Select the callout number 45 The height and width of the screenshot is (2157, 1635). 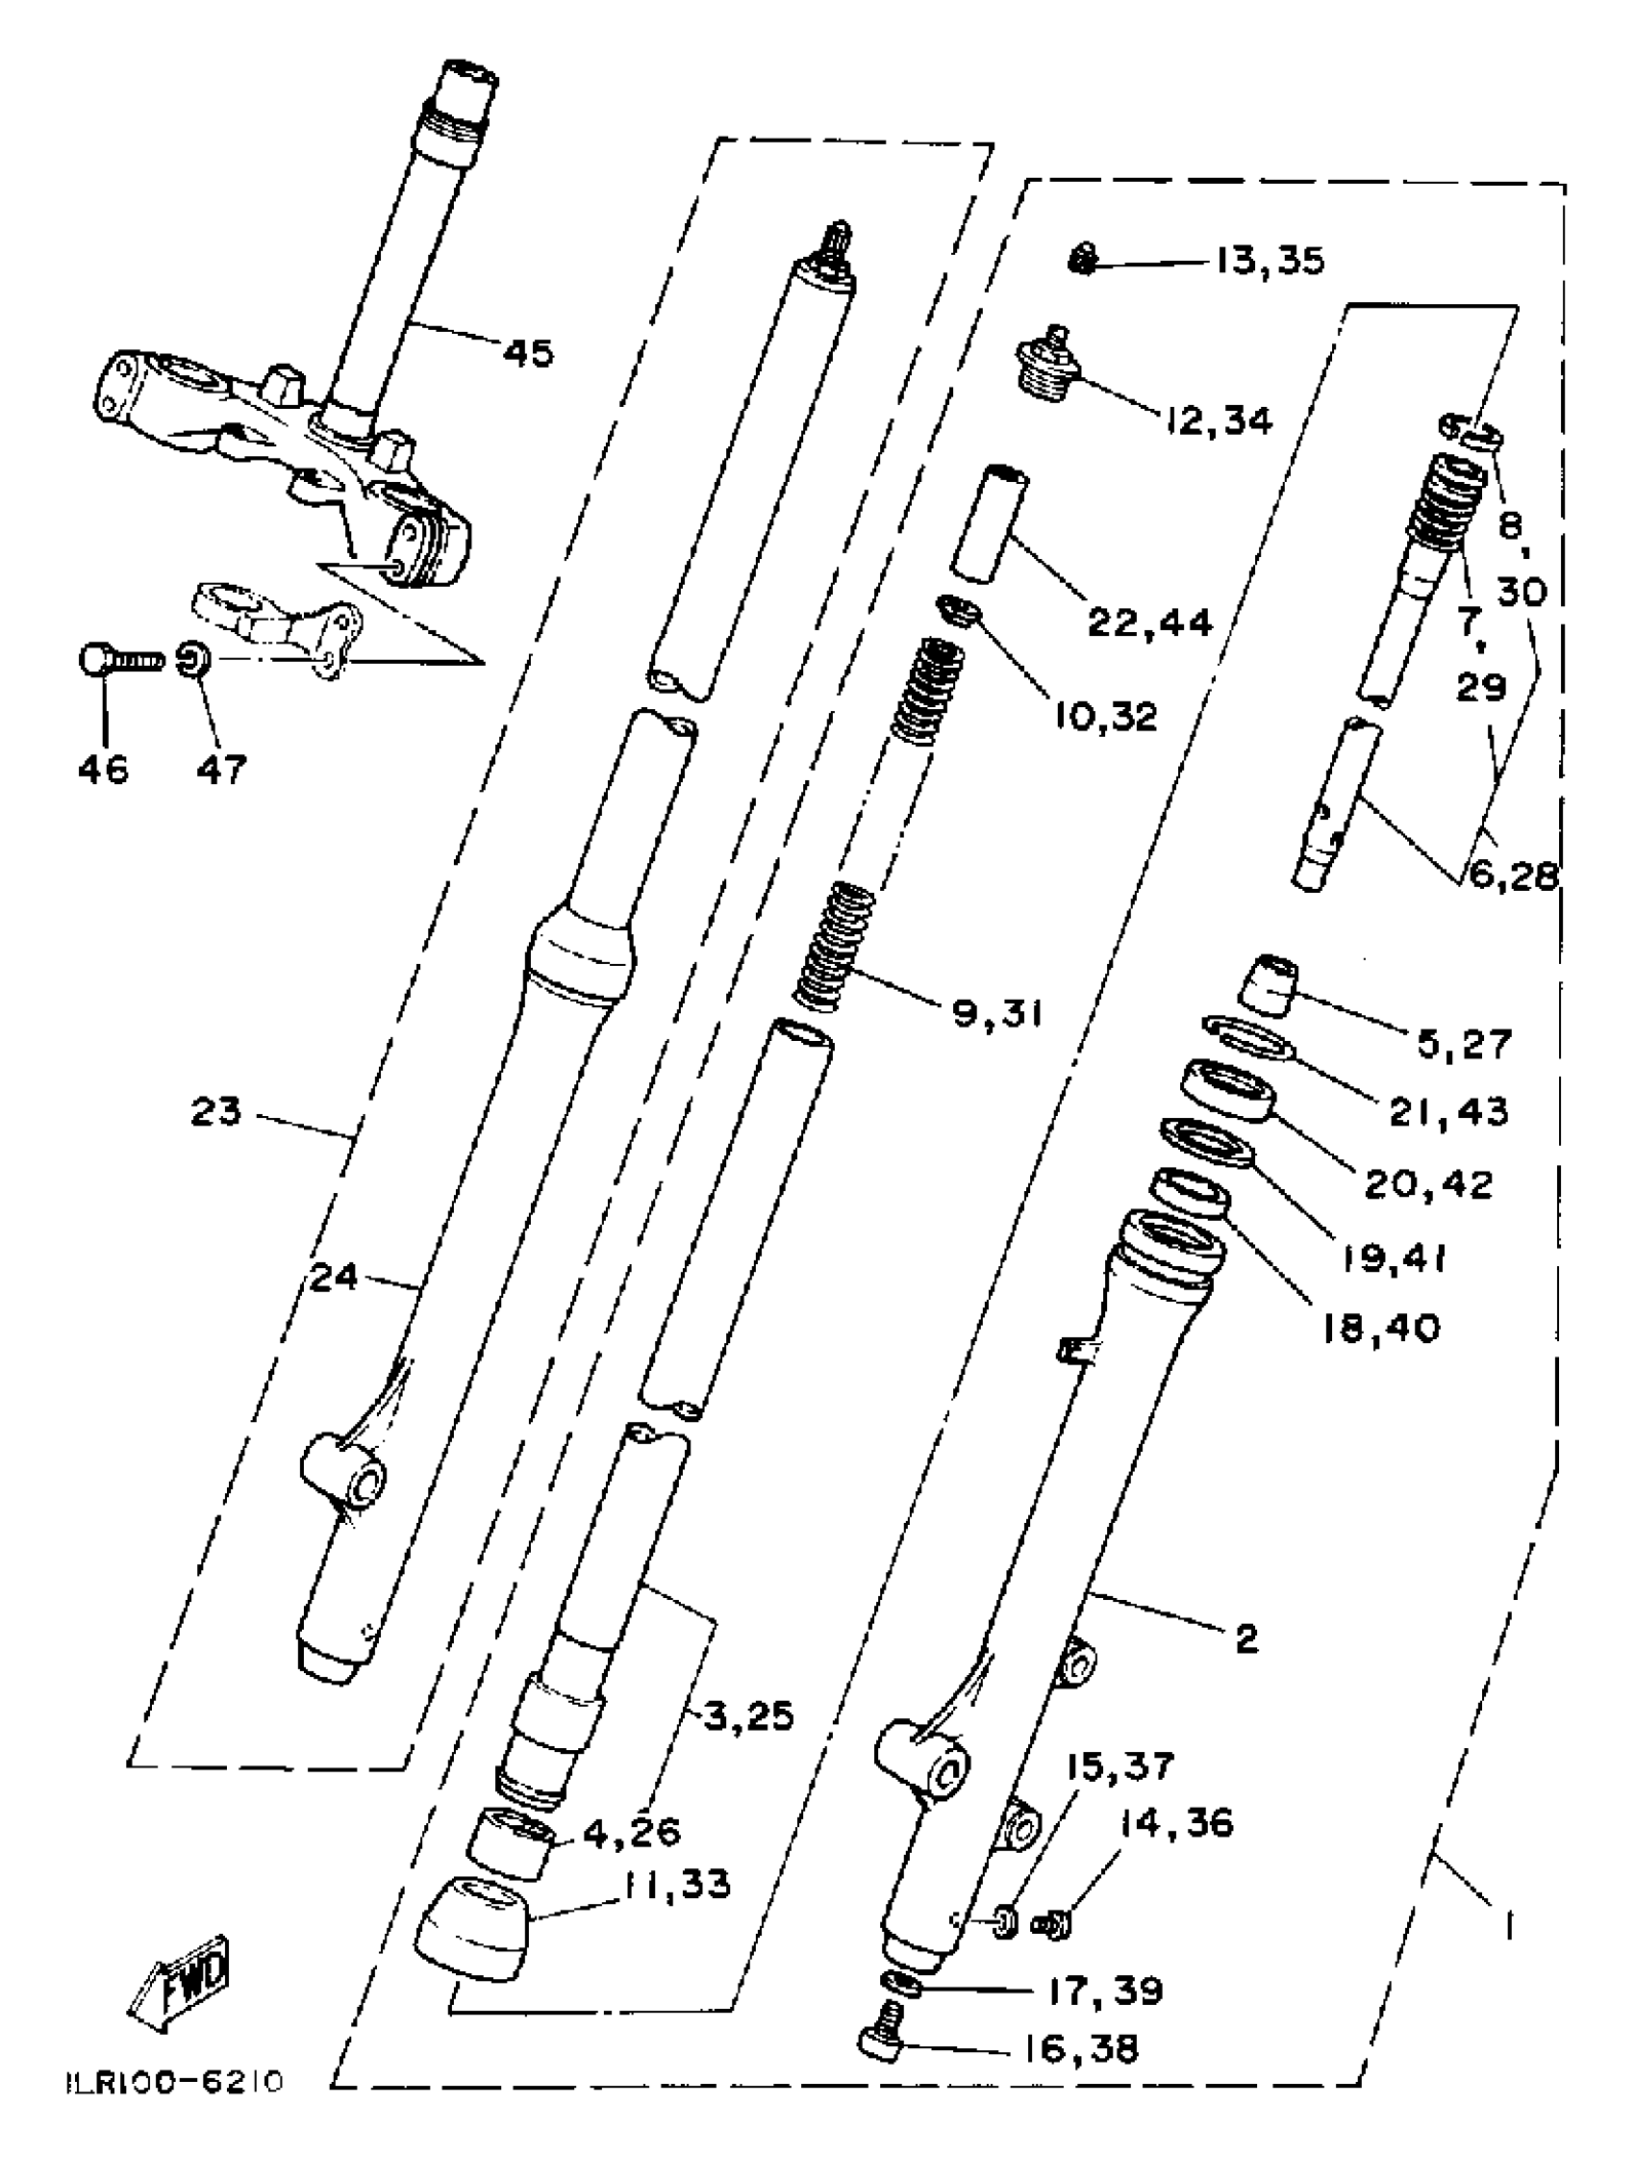tap(527, 352)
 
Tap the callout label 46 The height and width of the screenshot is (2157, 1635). tap(103, 770)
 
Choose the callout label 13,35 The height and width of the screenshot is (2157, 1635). tap(1270, 262)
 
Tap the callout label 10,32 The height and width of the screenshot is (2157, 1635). tap(1104, 717)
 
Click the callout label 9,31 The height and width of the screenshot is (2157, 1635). tap(996, 1014)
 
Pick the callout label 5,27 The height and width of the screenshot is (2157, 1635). tap(1463, 1045)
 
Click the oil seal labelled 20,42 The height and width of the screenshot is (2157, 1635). tap(1228, 1093)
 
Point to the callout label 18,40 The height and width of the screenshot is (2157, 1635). tap(1380, 1326)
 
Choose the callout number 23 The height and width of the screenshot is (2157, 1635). tap(215, 1111)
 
